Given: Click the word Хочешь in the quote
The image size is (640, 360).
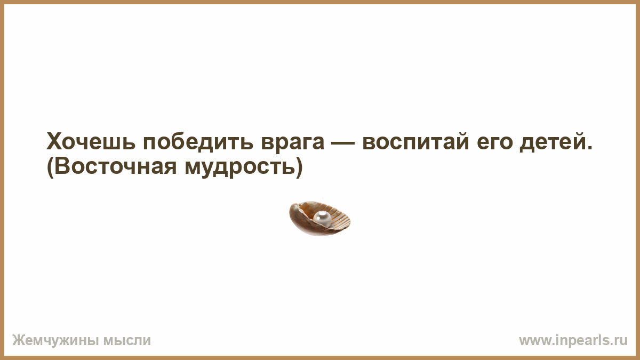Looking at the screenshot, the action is coord(91,141).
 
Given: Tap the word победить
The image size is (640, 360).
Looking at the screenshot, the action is coord(198,141).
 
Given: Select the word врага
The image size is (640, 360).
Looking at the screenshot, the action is coord(293,143).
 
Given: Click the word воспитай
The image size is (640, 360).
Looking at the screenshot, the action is coord(415,141).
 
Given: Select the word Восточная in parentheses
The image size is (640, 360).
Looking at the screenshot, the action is coord(116,166).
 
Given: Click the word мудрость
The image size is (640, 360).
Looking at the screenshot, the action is coord(239,168).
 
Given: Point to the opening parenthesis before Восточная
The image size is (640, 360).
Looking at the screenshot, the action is coord(50,167).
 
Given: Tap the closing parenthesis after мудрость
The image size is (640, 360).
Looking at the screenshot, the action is coord(299,167).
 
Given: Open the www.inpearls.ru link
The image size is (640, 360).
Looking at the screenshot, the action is coord(573,341).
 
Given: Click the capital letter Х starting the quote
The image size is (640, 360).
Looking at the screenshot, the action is coord(54,141).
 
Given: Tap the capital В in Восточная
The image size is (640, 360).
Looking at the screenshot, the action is coord(62,166).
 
